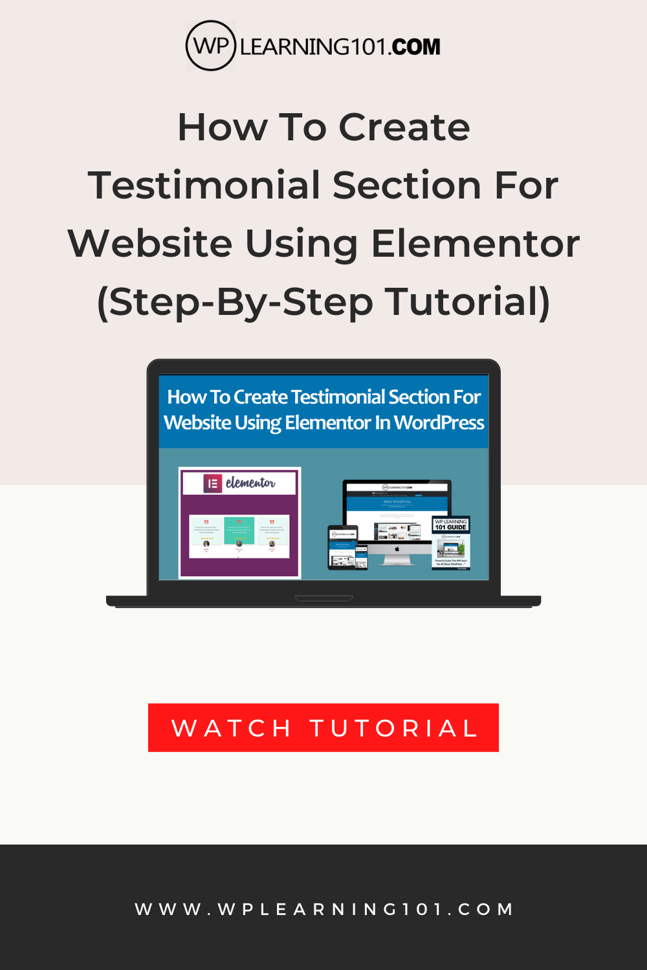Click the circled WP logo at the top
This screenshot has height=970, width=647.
pos(210,46)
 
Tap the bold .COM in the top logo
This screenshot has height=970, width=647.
pos(415,47)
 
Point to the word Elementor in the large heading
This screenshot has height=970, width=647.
pos(475,244)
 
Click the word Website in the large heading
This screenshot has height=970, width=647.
pos(150,244)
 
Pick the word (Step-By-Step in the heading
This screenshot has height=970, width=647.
pos(235,302)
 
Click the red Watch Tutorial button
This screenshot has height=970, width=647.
pos(323,727)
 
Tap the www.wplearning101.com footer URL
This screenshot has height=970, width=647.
pos(323,909)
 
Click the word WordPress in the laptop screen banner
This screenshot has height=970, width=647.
pos(439,423)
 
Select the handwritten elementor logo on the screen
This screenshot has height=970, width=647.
pos(250,483)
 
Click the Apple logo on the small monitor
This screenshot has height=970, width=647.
pos(397,549)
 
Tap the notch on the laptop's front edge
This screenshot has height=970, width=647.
pos(323,598)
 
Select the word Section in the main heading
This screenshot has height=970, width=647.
pos(408,186)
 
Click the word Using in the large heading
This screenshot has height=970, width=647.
pos(301,244)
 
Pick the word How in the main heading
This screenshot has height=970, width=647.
pos(222,127)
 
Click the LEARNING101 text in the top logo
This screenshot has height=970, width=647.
pos(314,47)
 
